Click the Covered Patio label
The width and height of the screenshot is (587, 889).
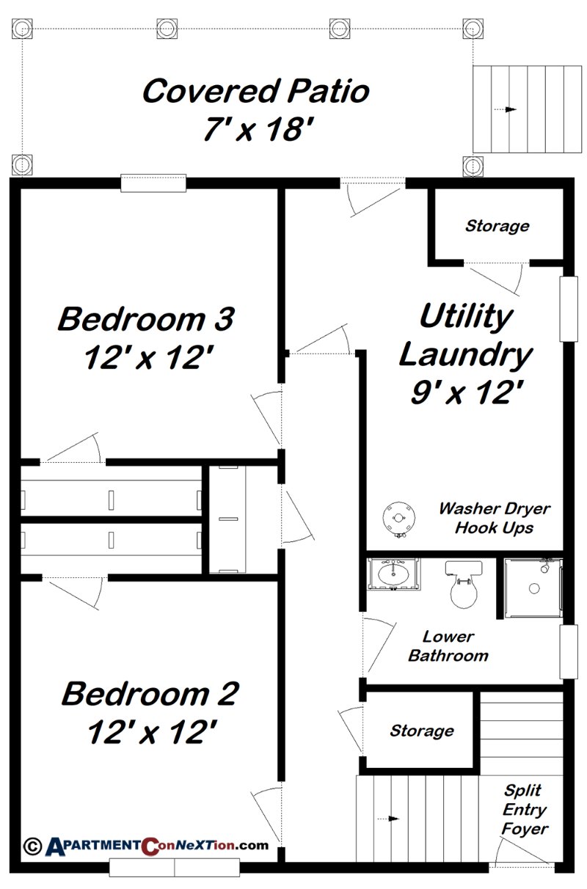(255, 92)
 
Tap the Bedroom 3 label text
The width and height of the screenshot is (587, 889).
(146, 319)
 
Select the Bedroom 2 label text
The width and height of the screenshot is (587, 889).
(150, 693)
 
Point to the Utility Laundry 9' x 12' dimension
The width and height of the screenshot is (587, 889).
(465, 394)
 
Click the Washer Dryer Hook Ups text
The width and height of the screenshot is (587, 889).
(494, 518)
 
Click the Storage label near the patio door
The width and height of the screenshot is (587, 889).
(497, 226)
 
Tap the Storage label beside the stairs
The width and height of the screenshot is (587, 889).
(421, 731)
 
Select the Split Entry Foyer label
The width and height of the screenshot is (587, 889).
(524, 810)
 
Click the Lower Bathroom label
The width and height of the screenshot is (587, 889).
(448, 646)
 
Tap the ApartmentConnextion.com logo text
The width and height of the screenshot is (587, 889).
(158, 845)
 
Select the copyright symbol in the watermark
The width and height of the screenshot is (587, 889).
(32, 845)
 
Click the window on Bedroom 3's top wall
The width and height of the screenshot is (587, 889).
(153, 183)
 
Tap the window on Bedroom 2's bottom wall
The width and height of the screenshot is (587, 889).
(174, 867)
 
